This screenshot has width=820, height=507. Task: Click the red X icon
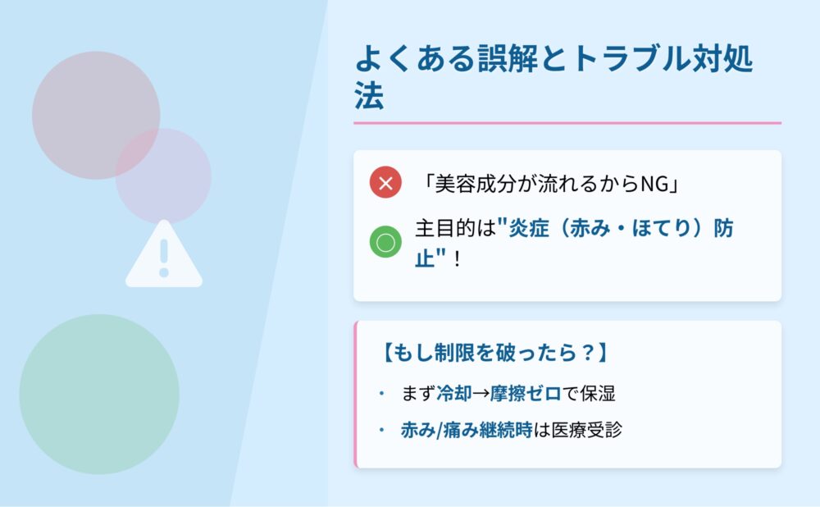pyautogui.click(x=385, y=182)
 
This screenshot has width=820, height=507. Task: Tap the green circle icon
pyautogui.click(x=385, y=242)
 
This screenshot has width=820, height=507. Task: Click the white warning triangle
pyautogui.click(x=164, y=253)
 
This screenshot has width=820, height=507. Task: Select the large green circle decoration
pyautogui.click(x=99, y=394)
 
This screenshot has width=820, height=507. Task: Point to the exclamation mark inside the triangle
pyautogui.click(x=164, y=258)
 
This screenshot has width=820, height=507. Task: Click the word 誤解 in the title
pyautogui.click(x=508, y=58)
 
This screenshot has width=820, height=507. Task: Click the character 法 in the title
pyautogui.click(x=369, y=95)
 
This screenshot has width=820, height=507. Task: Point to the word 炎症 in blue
pyautogui.click(x=529, y=228)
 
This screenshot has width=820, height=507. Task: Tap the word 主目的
pyautogui.click(x=445, y=228)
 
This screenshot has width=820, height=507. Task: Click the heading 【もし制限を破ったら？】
pyautogui.click(x=494, y=352)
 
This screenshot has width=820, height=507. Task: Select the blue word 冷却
pyautogui.click(x=454, y=394)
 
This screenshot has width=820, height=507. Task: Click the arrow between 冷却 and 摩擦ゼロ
pyautogui.click(x=481, y=394)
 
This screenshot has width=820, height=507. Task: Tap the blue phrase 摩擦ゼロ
pyautogui.click(x=526, y=394)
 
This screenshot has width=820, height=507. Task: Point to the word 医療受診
pyautogui.click(x=587, y=430)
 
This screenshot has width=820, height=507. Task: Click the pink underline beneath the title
pyautogui.click(x=567, y=123)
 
